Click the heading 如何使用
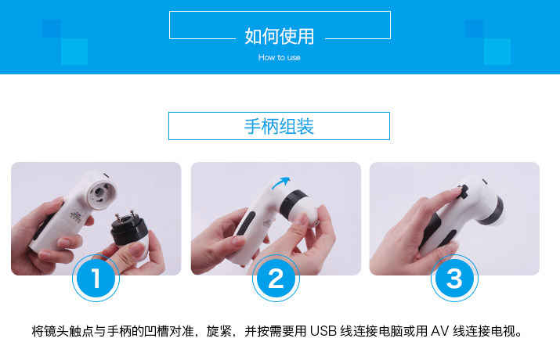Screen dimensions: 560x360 [x=280, y=37]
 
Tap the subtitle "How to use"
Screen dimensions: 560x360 [x=280, y=57]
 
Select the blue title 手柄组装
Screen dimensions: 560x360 [x=279, y=126]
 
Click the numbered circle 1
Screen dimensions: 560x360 [x=96, y=278]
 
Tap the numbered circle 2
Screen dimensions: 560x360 [x=276, y=278]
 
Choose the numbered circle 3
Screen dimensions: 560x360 [x=454, y=278]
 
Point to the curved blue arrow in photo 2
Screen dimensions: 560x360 [x=280, y=182]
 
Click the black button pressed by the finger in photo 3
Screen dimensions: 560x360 [x=463, y=191]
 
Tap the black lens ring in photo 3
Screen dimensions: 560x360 [x=493, y=211]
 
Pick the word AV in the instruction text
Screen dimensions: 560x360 [x=439, y=331]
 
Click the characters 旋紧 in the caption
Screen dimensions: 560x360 [x=219, y=331]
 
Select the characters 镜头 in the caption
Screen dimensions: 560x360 [x=56, y=331]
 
